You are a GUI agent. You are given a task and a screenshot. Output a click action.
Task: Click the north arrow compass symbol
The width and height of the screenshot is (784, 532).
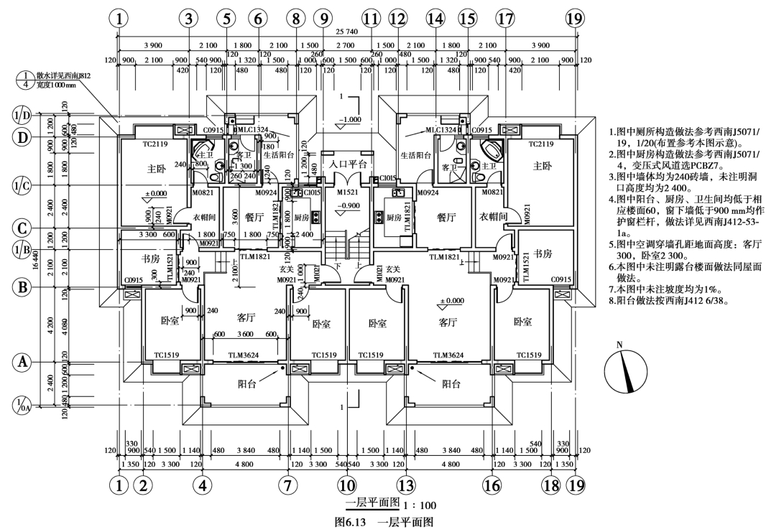621,373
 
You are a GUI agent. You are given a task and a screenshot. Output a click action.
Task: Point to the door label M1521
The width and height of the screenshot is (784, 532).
347,193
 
